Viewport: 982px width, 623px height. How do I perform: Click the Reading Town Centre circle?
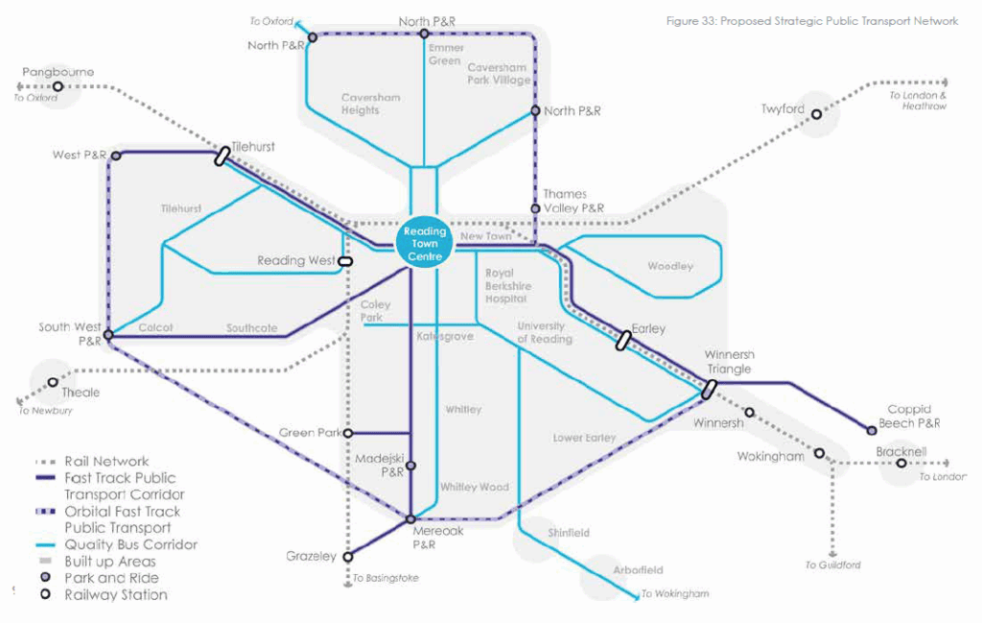425,244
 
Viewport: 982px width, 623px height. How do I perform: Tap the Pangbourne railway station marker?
58,86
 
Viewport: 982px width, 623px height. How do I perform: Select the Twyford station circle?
817,115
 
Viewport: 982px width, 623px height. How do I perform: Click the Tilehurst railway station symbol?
222,156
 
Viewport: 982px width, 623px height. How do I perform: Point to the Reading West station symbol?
345,260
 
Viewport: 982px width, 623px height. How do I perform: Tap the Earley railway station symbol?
624,340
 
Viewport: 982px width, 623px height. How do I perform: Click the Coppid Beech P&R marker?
872,430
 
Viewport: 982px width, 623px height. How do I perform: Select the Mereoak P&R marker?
410,519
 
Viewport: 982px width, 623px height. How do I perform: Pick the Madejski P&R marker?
410,466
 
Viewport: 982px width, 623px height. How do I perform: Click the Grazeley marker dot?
348,555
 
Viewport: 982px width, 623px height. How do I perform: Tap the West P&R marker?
115,155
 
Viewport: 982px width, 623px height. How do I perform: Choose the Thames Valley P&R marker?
534,208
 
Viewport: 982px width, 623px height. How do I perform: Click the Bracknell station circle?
901,464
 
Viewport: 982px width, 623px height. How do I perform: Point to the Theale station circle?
53,382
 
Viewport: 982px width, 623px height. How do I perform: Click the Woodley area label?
669,266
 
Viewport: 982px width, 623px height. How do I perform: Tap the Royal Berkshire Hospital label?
507,286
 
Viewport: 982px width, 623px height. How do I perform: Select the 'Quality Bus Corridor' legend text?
130,544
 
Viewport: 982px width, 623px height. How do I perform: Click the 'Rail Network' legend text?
106,461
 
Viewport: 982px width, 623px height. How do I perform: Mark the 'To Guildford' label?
832,565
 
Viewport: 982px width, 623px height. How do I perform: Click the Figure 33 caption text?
811,21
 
